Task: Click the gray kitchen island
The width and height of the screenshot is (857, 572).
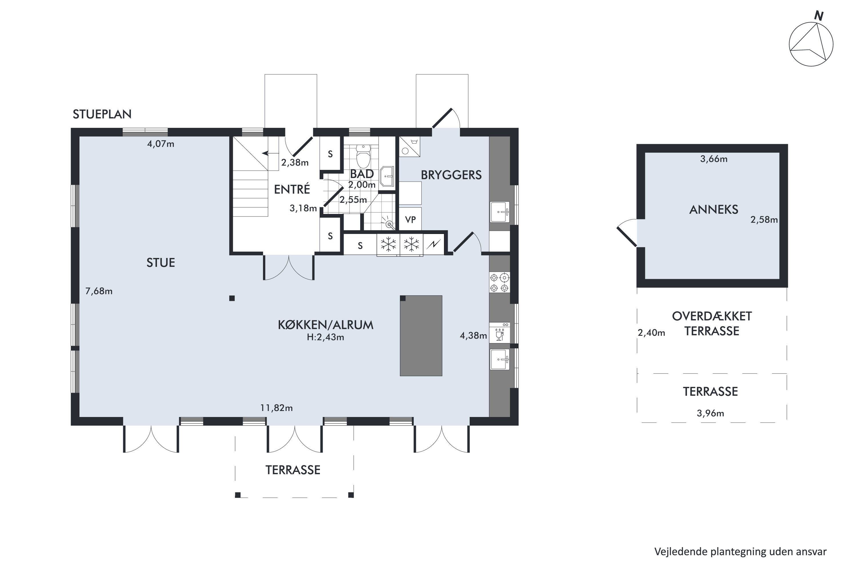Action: click(x=421, y=335)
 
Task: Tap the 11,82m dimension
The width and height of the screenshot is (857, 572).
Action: click(x=276, y=408)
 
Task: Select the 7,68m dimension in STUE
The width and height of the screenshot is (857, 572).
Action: click(x=99, y=291)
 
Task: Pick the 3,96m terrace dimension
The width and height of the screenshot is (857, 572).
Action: click(x=710, y=413)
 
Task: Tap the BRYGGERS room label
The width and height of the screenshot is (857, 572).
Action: click(x=451, y=175)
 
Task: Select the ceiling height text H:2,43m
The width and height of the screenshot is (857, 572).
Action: click(x=325, y=337)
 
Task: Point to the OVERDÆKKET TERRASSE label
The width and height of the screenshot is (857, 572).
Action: click(x=712, y=323)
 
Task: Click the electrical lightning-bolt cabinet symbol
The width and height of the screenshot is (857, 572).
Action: click(x=434, y=244)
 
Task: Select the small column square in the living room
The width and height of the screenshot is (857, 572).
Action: click(x=232, y=298)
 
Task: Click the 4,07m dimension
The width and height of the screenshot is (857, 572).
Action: click(x=161, y=144)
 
